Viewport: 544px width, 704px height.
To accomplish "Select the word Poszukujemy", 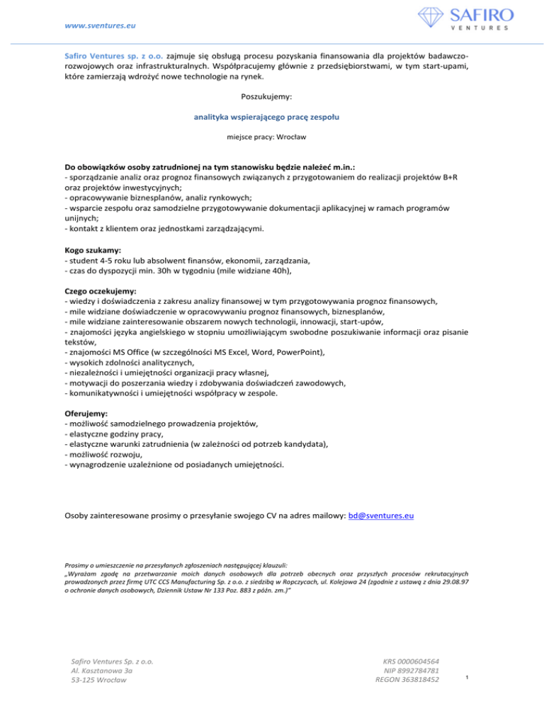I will coord(272,93).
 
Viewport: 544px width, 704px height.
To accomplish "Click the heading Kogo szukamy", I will coord(91,251).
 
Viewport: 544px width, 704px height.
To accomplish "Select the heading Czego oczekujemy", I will coord(101,291).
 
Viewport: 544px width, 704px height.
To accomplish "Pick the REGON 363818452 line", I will coord(407,681).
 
